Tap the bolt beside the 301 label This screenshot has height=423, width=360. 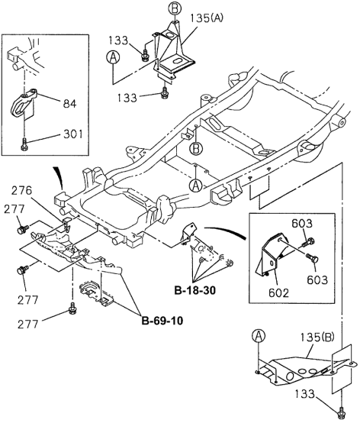[x=25, y=143]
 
